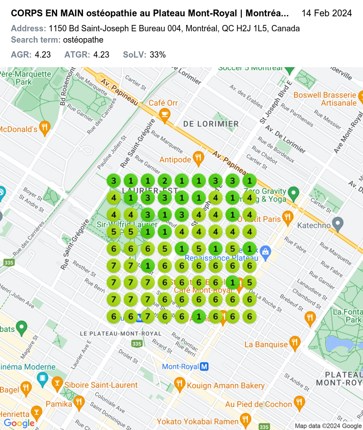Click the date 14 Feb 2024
tap(326, 13)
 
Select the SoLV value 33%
tap(157, 55)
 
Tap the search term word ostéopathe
tap(83, 40)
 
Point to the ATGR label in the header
tap(78, 55)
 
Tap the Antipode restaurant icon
tap(198, 158)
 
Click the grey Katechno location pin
tap(337, 223)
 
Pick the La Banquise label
tap(266, 344)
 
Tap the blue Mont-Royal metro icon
tap(204, 366)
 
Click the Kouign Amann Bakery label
tap(226, 386)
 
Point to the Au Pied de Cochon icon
tap(299, 402)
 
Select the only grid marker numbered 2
tap(165, 181)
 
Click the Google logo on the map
tap(19, 423)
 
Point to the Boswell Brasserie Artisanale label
tap(325, 99)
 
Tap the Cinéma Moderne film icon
tap(43, 378)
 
